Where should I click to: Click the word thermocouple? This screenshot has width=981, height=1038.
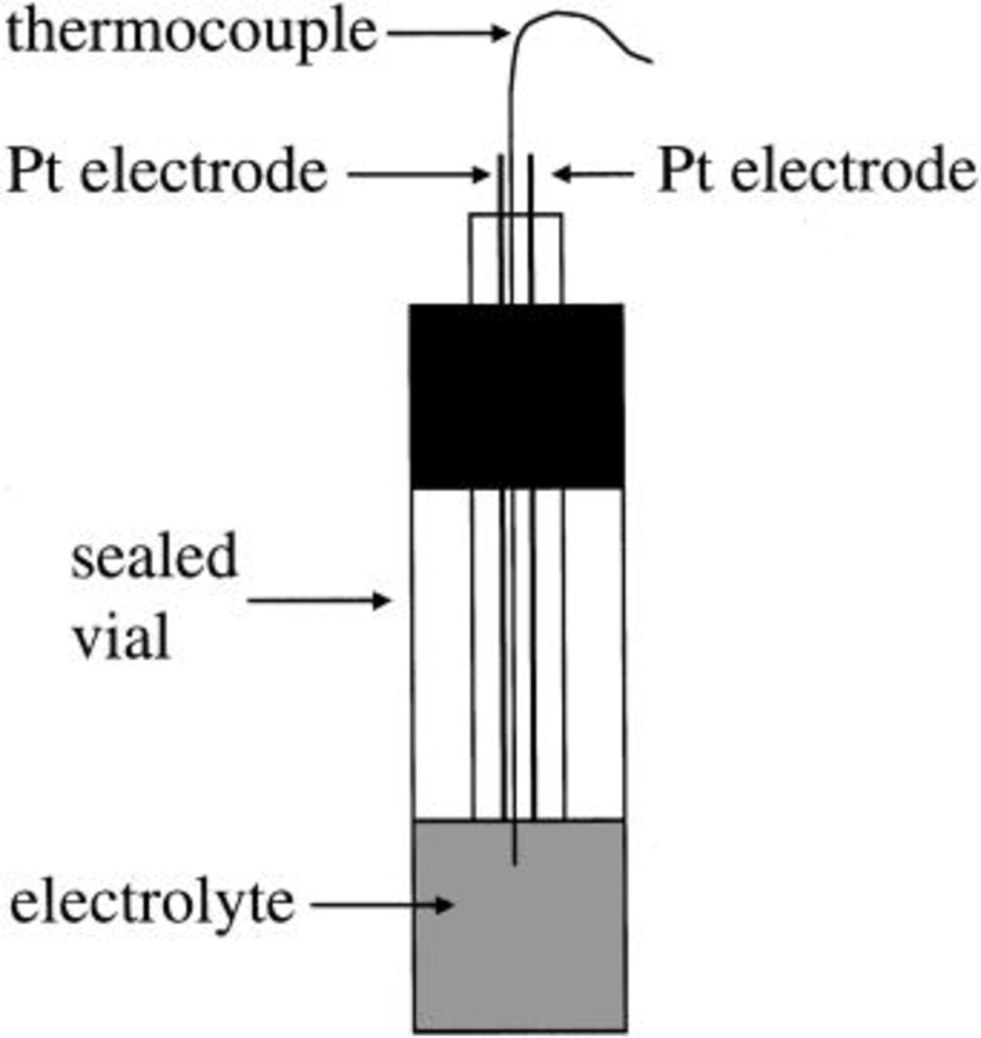pyautogui.click(x=190, y=33)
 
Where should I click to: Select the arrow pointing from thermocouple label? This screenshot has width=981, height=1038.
pyautogui.click(x=447, y=33)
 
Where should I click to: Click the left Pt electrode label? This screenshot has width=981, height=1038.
pyautogui.click(x=167, y=172)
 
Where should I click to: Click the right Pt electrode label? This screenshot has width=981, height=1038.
pyautogui.click(x=816, y=171)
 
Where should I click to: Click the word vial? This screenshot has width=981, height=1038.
pyautogui.click(x=121, y=637)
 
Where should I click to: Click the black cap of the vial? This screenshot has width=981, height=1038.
pyautogui.click(x=516, y=396)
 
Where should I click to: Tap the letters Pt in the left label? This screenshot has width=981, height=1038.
pyautogui.click(x=35, y=172)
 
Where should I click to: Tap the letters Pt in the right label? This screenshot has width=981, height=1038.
pyautogui.click(x=683, y=171)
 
